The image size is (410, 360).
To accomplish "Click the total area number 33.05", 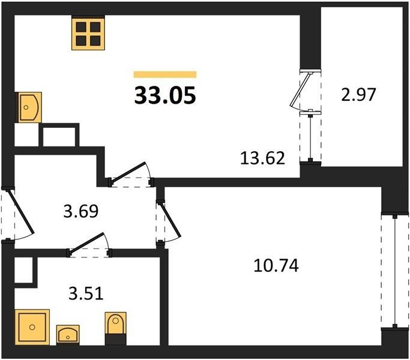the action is click(x=165, y=95).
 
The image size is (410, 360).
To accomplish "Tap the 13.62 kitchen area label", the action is click(x=262, y=158).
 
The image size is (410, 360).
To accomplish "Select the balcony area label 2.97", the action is click(x=358, y=94).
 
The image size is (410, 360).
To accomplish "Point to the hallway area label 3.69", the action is click(x=81, y=211).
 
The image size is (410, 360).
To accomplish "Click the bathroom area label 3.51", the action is click(x=86, y=293).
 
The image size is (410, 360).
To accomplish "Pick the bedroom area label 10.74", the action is click(x=276, y=266).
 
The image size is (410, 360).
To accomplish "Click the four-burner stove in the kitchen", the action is click(x=88, y=32).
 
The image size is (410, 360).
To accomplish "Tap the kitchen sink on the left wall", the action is click(x=29, y=107).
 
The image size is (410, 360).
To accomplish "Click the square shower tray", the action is click(x=32, y=327).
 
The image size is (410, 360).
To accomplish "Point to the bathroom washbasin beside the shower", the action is click(x=68, y=335).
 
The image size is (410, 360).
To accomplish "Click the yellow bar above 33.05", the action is click(x=165, y=74).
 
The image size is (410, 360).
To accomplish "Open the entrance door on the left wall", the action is click(x=21, y=212).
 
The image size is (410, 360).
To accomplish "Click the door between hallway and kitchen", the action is click(x=128, y=173).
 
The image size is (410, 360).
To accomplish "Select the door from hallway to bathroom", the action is click(x=87, y=242).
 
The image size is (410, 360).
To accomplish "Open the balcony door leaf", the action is click(x=301, y=88).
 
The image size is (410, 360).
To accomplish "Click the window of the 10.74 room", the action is click(x=394, y=271).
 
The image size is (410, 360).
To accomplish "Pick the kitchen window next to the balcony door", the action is click(x=310, y=137).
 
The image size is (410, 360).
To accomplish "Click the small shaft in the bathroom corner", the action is click(x=23, y=270).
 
